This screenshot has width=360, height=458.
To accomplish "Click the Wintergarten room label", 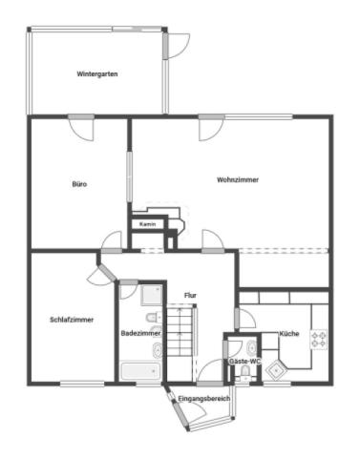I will tap(97, 73).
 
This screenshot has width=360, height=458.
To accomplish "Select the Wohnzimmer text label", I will tap(237, 179).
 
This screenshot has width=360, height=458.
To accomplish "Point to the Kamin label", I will tap(147, 224).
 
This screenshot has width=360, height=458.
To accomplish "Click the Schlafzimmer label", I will tap(71, 320).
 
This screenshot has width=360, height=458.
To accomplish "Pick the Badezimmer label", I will tap(141, 333).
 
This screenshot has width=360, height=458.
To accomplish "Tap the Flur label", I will tap(190, 295).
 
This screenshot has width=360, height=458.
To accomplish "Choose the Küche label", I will tap(289, 334).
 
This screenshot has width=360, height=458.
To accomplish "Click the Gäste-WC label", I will tap(243, 363).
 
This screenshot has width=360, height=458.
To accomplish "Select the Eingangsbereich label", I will tap(204, 398).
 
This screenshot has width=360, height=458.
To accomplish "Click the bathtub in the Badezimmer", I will tap(139, 371).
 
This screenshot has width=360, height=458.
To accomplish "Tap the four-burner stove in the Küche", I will tap(318, 338).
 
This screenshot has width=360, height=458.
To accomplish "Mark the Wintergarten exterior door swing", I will tap(177, 47).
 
